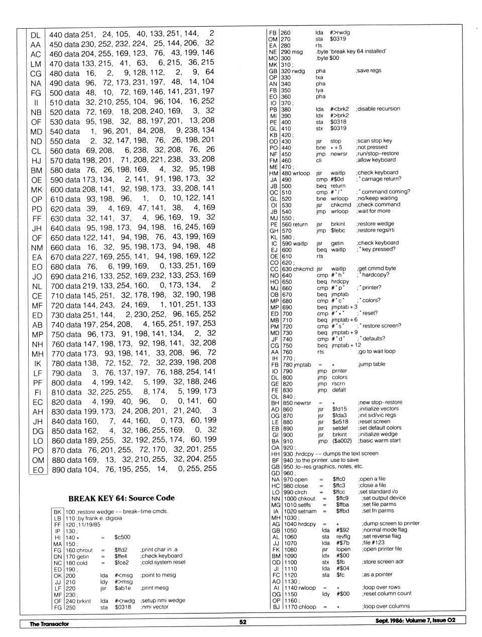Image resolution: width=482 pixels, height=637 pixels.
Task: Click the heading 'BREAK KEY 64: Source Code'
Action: pyautogui.click(x=122, y=498)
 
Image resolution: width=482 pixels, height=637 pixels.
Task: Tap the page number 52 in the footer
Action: pyautogui.click(x=243, y=621)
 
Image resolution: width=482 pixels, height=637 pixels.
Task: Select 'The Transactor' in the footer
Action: pyautogui.click(x=49, y=624)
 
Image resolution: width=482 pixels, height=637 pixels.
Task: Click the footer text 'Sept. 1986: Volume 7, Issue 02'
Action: pyautogui.click(x=415, y=620)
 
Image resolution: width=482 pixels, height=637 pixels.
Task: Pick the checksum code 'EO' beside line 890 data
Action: pyautogui.click(x=38, y=470)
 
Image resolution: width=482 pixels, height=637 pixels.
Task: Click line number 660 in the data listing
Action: pyautogui.click(x=57, y=247)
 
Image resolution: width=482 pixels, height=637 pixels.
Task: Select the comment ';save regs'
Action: pyautogui.click(x=369, y=71)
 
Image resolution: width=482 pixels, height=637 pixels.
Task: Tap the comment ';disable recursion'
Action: pyautogui.click(x=378, y=109)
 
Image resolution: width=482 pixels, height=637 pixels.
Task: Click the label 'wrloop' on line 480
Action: pyautogui.click(x=301, y=173)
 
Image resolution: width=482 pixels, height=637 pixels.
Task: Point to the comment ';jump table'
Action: pyautogui.click(x=372, y=364)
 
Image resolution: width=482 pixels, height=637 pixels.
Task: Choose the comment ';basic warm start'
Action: pyautogui.click(x=379, y=441)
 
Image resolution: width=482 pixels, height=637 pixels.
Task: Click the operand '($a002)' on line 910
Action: pyautogui.click(x=342, y=441)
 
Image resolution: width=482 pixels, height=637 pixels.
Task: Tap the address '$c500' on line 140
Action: pyautogui.click(x=122, y=537)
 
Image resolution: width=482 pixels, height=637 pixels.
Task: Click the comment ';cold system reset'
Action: pyautogui.click(x=163, y=562)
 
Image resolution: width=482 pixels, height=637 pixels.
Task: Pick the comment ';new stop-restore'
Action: pyautogui.click(x=380, y=402)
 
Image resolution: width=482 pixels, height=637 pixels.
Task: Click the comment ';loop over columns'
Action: pyautogui.click(x=386, y=606)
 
